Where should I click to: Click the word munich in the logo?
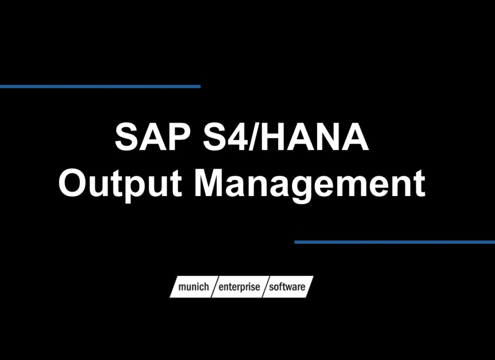coord(193,287)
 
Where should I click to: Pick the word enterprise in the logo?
coord(239,287)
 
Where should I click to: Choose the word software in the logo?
coord(287,287)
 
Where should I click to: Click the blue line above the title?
coord(100,87)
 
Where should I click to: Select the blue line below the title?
coord(395,242)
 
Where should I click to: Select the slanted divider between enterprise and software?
coord(265,287)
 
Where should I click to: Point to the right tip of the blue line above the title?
coord(199,87)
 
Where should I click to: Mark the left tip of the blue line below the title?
coord(296,242)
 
